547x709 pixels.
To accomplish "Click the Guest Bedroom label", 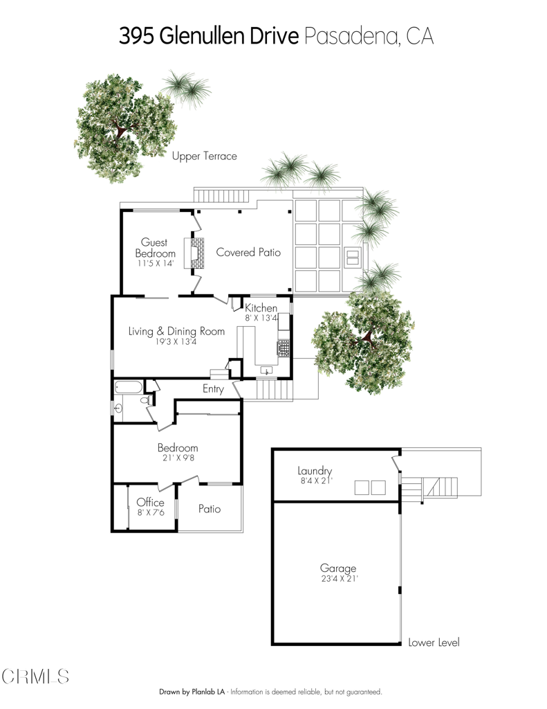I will tap(155, 248).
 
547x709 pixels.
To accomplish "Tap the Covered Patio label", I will tap(248, 253).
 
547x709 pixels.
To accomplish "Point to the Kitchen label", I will tap(261, 308).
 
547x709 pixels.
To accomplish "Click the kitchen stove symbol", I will tap(284, 348).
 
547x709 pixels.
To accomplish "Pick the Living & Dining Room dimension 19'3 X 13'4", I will tap(176, 341).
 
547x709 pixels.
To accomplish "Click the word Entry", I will tap(213, 389).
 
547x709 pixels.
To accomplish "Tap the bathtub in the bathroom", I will tap(129, 388).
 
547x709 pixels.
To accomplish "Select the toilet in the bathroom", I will tap(147, 401).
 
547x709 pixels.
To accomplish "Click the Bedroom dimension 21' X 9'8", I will tap(177, 458).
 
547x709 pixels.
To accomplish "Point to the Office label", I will tap(150, 503).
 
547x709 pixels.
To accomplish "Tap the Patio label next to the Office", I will tap(210, 509).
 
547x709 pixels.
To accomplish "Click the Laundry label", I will tap(315, 471).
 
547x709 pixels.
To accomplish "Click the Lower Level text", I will tap(434, 642).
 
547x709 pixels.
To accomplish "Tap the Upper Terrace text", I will tap(204, 156).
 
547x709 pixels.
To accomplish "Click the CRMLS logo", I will tap(35, 676).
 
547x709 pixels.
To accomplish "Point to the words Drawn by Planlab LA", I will tap(192, 692).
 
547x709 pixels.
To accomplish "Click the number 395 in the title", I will tap(136, 36).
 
